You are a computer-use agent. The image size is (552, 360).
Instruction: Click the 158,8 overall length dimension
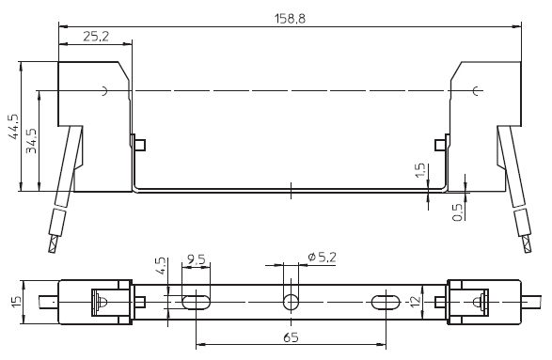pyautogui.click(x=290, y=18)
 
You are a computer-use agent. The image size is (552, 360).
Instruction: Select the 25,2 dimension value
pyautogui.click(x=96, y=36)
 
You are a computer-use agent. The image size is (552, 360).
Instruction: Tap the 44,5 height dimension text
pyautogui.click(x=15, y=126)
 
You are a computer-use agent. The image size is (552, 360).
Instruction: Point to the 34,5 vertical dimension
pyautogui.click(x=32, y=140)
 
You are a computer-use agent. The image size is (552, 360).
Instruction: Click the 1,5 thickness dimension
pyautogui.click(x=420, y=170)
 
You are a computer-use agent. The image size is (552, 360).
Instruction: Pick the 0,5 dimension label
pyautogui.click(x=457, y=212)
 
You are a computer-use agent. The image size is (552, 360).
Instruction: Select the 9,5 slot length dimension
pyautogui.click(x=197, y=259)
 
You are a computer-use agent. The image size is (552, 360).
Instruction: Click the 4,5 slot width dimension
pyautogui.click(x=160, y=266)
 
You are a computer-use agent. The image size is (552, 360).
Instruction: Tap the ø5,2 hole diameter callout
pyautogui.click(x=322, y=258)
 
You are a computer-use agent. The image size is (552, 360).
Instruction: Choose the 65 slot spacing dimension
pyautogui.click(x=291, y=337)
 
